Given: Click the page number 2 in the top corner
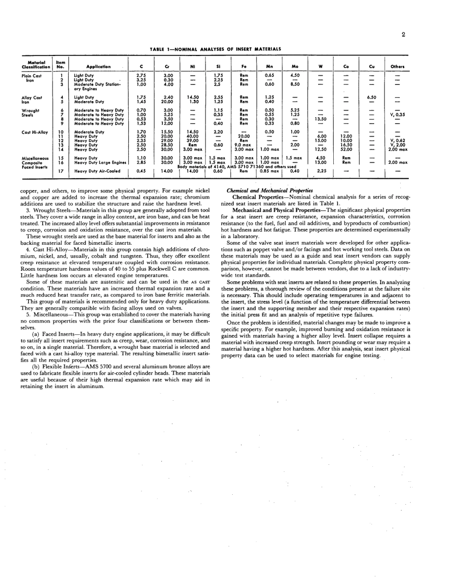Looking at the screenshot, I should pos(403,35).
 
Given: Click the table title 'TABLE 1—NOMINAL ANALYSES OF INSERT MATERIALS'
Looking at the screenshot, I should pos(216,49).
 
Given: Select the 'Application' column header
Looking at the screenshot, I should pos(98,66).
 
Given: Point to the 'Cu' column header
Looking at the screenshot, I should pos(371,66).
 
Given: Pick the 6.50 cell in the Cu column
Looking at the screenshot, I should pos(371,97).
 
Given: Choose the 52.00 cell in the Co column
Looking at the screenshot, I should pos(347,149).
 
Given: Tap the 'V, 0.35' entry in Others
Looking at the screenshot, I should pos(397,114).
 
